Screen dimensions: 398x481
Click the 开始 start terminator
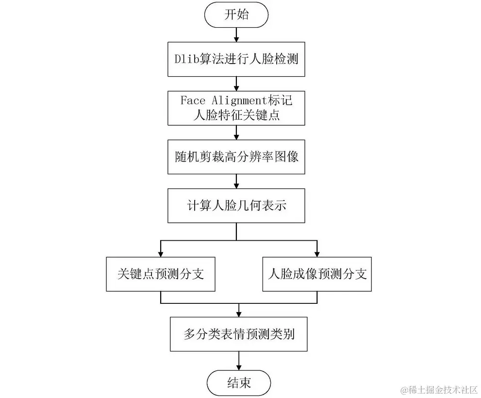click(x=236, y=15)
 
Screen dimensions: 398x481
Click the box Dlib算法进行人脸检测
click(x=236, y=60)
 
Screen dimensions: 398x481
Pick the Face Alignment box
click(x=236, y=107)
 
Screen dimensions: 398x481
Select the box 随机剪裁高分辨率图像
click(x=236, y=157)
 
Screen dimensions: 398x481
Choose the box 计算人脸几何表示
click(x=236, y=206)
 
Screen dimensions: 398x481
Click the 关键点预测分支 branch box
click(x=161, y=274)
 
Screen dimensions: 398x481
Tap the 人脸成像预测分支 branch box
click(x=317, y=274)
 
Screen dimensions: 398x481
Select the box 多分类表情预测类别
click(x=239, y=334)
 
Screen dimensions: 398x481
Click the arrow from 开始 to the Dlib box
click(x=236, y=34)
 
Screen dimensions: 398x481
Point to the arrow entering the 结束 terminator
click(x=239, y=361)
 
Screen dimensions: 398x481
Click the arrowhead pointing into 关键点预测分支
click(x=161, y=253)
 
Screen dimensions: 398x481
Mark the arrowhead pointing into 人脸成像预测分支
click(x=317, y=253)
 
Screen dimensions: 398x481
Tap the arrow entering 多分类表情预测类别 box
click(x=239, y=311)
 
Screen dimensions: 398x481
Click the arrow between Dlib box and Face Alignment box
click(x=236, y=83)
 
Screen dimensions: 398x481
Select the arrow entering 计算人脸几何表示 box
click(x=236, y=182)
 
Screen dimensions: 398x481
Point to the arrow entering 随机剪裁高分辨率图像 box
click(x=236, y=133)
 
